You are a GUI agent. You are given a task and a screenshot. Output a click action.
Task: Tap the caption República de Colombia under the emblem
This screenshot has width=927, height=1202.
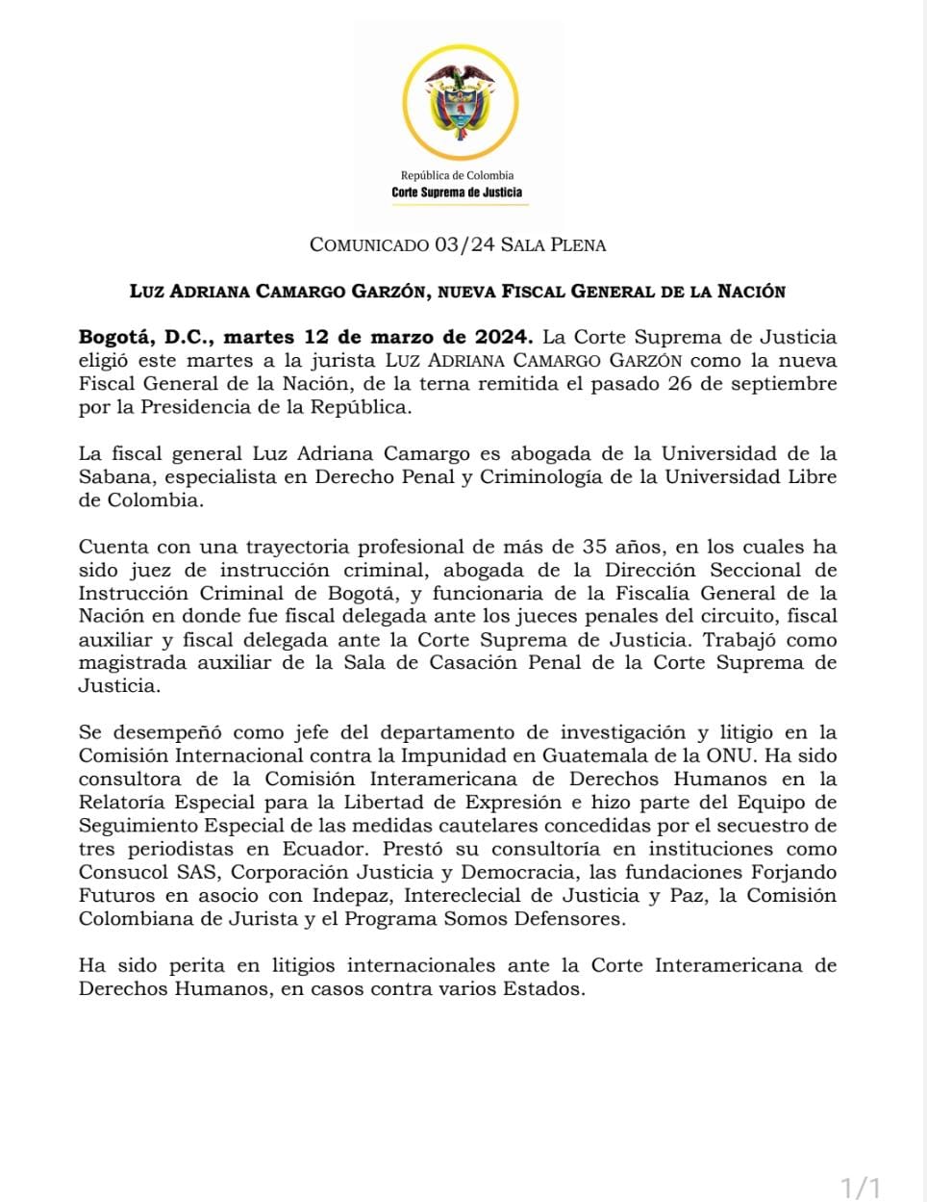tap(457, 175)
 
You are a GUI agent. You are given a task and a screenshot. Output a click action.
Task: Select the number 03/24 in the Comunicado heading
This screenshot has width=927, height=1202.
tap(464, 244)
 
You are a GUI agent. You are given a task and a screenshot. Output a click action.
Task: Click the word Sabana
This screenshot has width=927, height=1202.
tap(111, 476)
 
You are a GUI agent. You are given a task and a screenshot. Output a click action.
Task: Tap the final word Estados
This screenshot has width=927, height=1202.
tap(544, 988)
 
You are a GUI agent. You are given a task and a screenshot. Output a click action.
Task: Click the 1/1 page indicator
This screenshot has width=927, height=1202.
tap(861, 1188)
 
